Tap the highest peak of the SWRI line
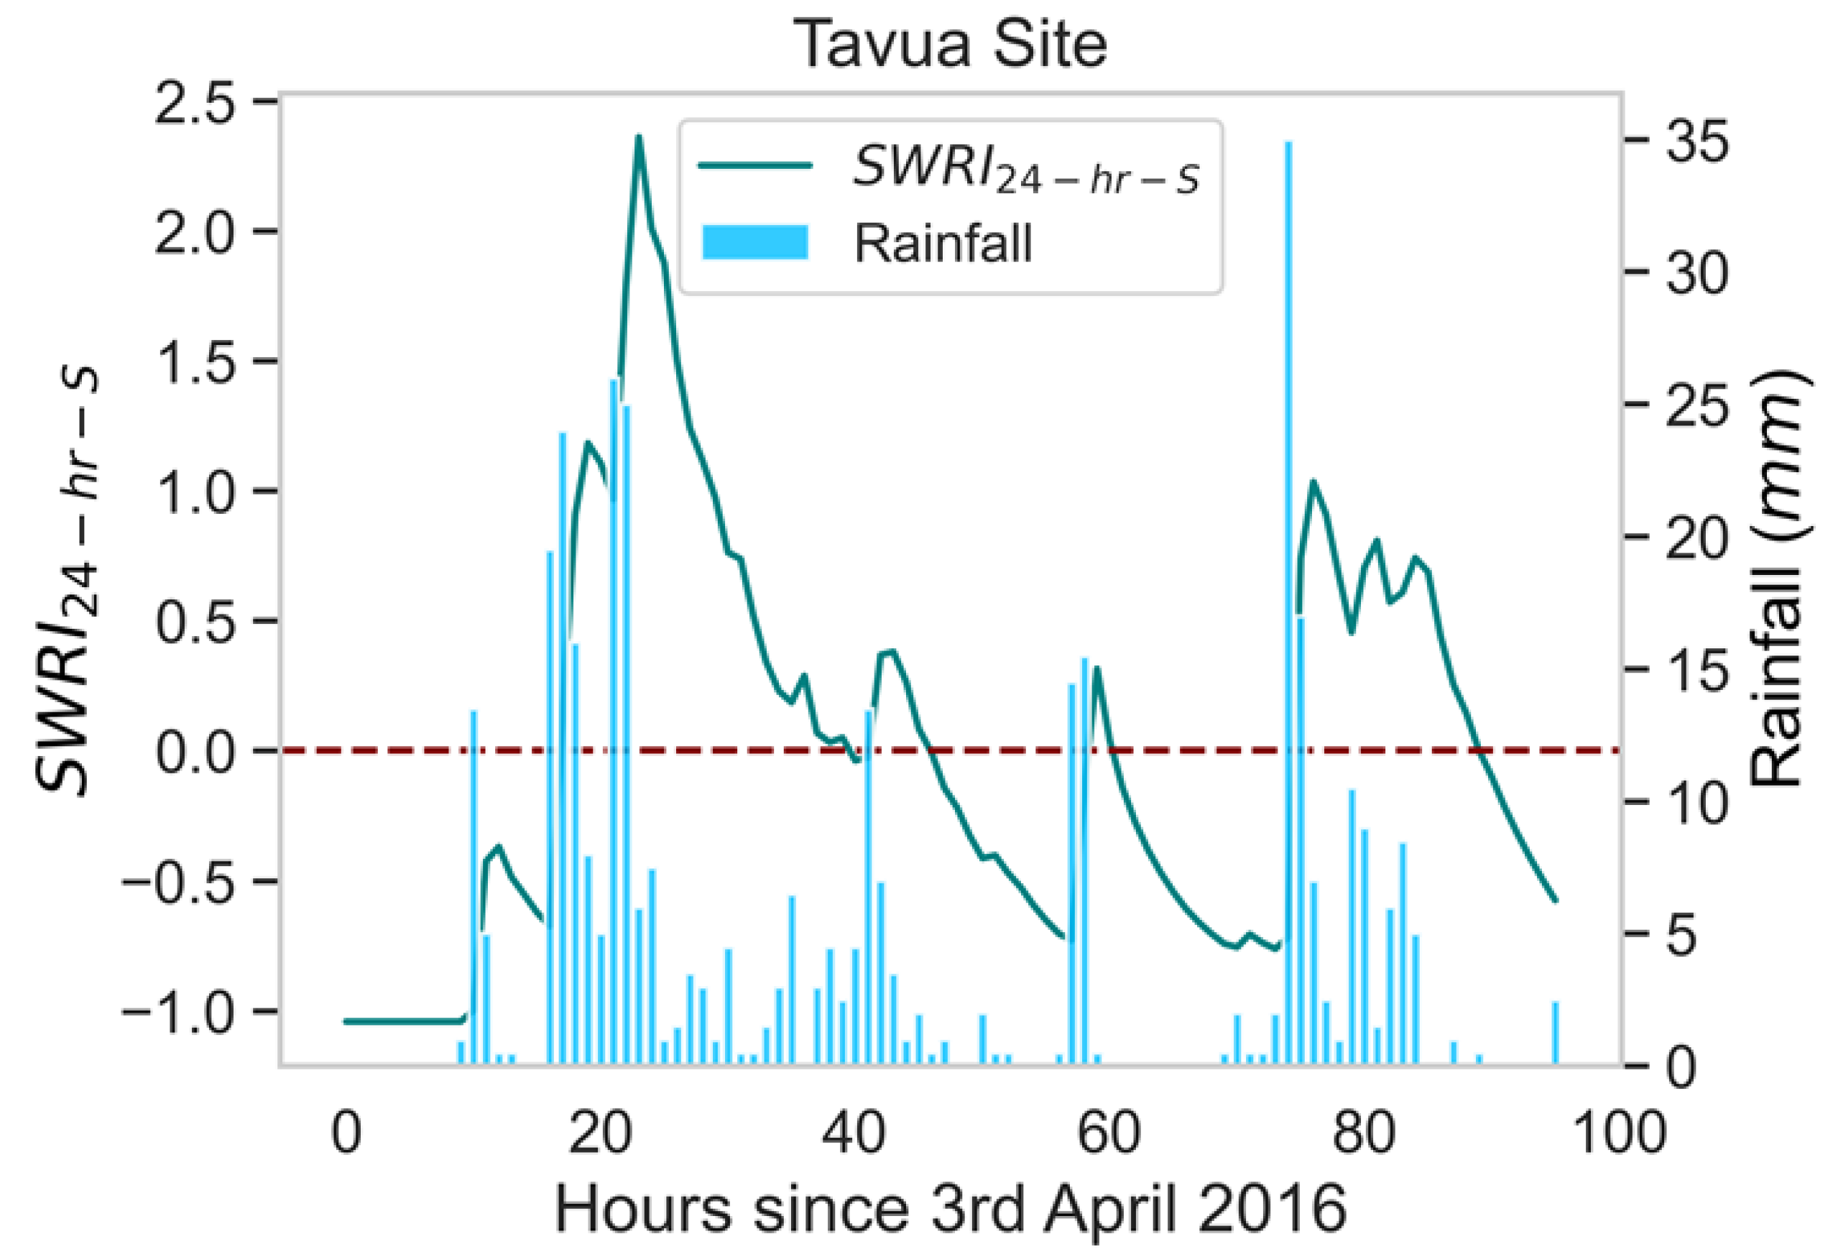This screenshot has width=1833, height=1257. click(639, 137)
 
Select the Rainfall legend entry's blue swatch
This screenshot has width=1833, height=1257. click(754, 242)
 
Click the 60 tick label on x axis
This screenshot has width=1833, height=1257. click(1107, 1134)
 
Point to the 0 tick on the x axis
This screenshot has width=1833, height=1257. click(346, 1134)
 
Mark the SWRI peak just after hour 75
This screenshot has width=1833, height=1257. click(1313, 481)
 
